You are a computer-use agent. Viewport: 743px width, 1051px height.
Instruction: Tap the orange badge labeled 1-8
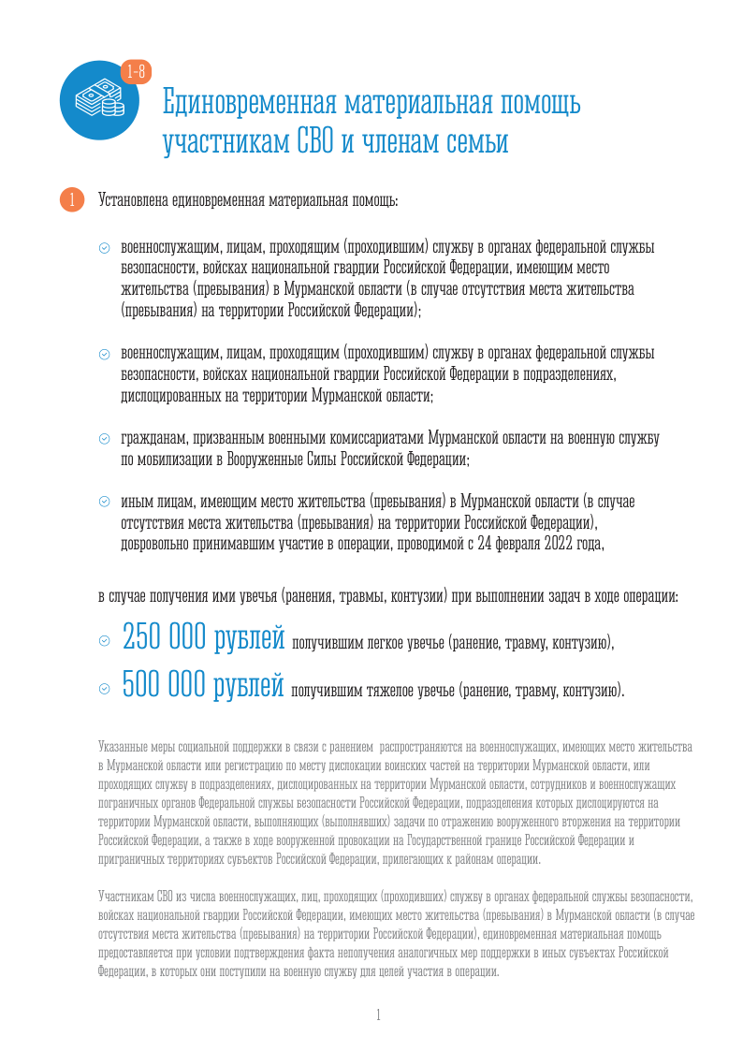[136, 71]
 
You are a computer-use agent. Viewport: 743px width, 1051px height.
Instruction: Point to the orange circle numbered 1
[71, 200]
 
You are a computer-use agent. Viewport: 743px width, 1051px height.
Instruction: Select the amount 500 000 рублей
[203, 688]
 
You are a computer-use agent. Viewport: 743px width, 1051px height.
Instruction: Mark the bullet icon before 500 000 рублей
[104, 690]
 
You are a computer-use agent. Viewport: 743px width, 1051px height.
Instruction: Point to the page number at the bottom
[378, 1015]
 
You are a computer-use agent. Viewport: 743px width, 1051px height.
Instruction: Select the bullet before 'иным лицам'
[105, 503]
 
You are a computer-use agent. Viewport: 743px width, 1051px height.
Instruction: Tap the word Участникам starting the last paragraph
[127, 896]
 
